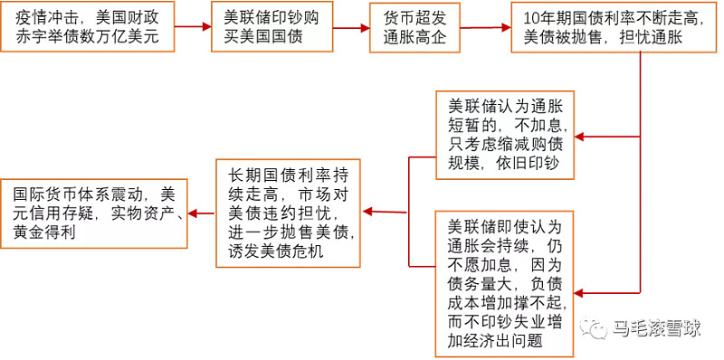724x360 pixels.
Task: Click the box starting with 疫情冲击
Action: (x=87, y=27)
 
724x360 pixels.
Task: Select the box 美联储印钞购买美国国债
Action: (x=262, y=27)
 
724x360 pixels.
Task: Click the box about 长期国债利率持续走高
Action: (x=288, y=213)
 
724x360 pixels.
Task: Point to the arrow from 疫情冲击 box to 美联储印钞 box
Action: (x=192, y=28)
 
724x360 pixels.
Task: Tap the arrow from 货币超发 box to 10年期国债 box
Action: (x=483, y=28)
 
